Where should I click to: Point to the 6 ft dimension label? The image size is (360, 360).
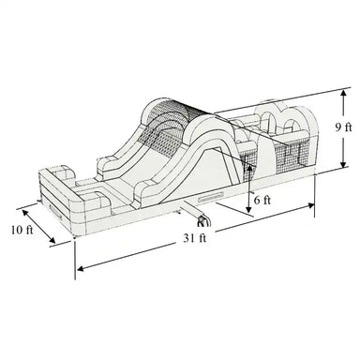pyautogui.click(x=263, y=200)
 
